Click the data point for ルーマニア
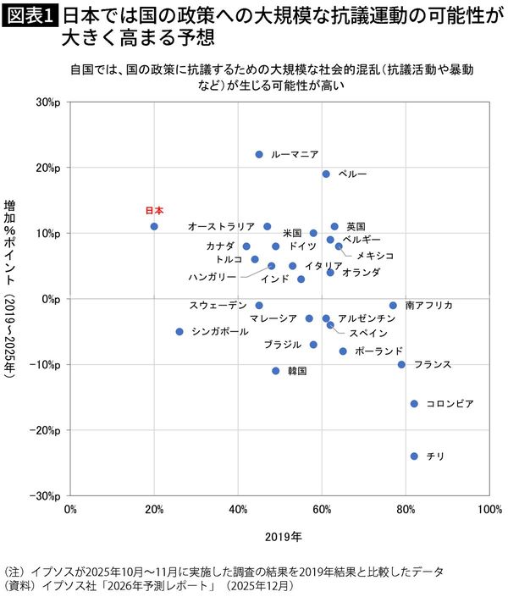(x=259, y=154)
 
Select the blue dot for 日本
(x=154, y=226)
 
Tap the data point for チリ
(x=414, y=456)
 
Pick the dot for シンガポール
(x=179, y=331)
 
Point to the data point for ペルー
(x=326, y=174)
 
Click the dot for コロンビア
(x=414, y=403)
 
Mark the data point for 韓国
(x=276, y=370)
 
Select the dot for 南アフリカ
(x=393, y=305)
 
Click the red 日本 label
(x=154, y=210)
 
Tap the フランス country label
(x=433, y=364)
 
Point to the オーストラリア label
(x=221, y=226)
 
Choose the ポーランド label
(x=378, y=351)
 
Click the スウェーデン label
(x=218, y=305)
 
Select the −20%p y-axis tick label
(x=44, y=429)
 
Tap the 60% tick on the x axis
(x=322, y=509)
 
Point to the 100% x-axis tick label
(x=488, y=509)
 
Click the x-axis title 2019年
(x=280, y=536)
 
